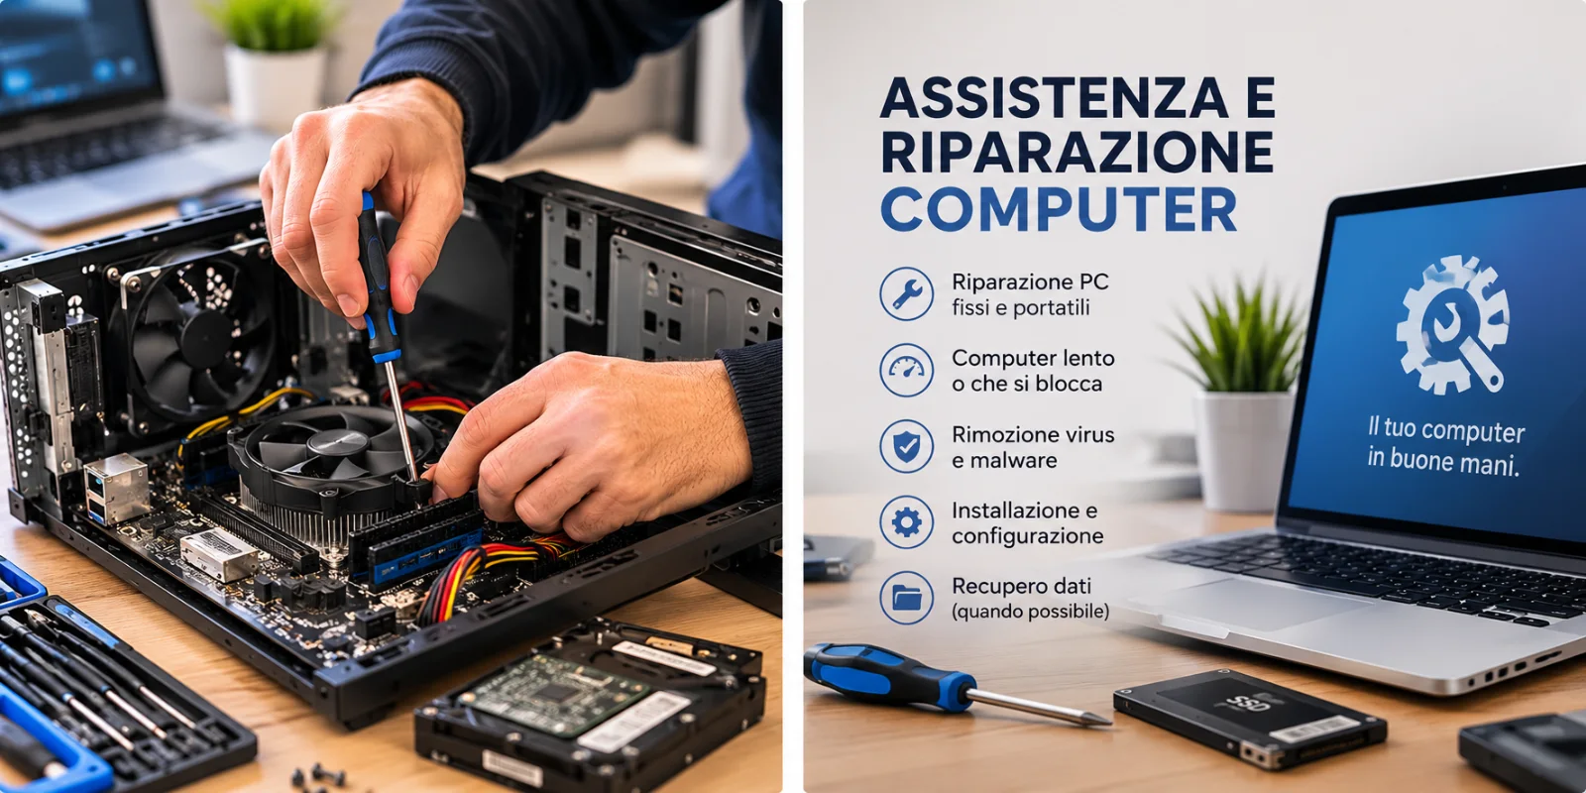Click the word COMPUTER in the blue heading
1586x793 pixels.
[1059, 210]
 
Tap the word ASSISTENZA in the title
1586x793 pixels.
[1055, 97]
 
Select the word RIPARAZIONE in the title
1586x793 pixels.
[1076, 153]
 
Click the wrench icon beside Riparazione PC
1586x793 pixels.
[906, 293]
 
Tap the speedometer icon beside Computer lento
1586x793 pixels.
[906, 370]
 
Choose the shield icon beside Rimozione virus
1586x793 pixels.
[906, 446]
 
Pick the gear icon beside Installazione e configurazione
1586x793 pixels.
[906, 522]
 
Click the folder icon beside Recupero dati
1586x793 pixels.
[906, 599]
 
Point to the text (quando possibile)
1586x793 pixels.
[1030, 611]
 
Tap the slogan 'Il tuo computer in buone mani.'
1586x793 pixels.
[1444, 446]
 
